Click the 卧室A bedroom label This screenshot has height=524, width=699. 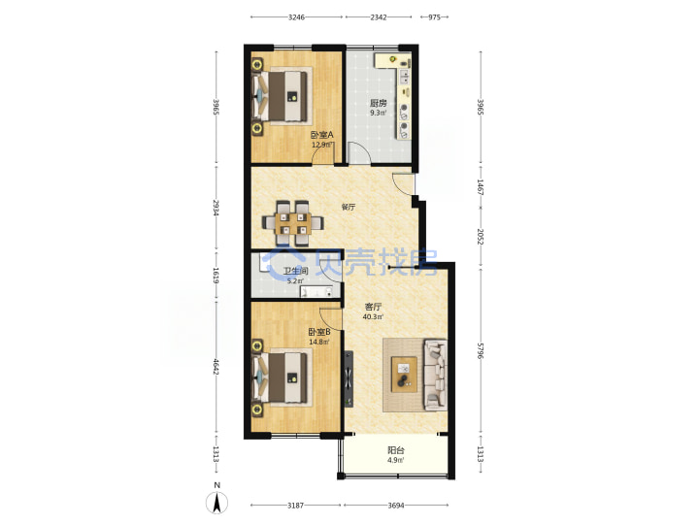[x=322, y=135]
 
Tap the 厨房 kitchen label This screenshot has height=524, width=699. [x=378, y=103]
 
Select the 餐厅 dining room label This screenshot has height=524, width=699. [x=349, y=207]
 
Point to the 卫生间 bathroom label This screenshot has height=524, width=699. [x=295, y=271]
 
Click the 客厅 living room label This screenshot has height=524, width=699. [x=373, y=307]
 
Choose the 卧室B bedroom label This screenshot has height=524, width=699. [x=319, y=332]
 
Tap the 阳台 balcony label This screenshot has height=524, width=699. [x=396, y=450]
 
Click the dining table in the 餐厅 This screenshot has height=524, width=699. [x=293, y=223]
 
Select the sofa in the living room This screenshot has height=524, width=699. [x=436, y=375]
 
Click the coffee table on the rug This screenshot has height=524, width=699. [x=404, y=375]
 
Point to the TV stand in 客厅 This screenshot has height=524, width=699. [x=349, y=379]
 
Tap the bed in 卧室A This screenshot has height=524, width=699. [x=281, y=97]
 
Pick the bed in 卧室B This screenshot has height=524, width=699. [x=281, y=377]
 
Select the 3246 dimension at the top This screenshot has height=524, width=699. [x=296, y=17]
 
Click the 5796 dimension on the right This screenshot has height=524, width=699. [x=481, y=350]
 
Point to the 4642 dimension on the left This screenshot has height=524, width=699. [x=216, y=366]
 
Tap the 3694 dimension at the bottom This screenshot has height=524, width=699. [x=396, y=506]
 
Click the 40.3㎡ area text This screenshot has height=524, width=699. [x=373, y=316]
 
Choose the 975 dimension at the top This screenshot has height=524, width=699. [x=434, y=17]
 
